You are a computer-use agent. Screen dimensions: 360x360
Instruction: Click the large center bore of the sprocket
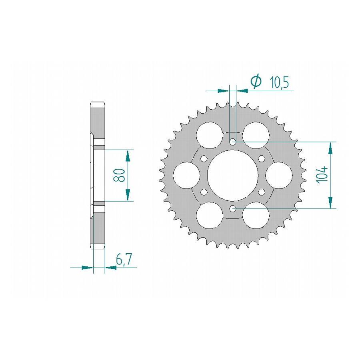pos(232,175)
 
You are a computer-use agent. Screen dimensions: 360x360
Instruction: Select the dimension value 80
pos(119,175)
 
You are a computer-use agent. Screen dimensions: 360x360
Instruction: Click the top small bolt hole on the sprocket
pos(232,141)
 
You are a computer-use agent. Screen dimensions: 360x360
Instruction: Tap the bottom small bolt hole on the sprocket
pos(232,208)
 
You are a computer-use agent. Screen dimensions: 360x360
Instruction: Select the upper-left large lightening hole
pos(209,135)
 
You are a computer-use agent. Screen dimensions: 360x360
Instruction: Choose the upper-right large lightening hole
pos(256,135)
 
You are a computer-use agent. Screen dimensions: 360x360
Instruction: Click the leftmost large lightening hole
pos(186,175)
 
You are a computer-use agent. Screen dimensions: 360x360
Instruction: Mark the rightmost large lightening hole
pos(279,175)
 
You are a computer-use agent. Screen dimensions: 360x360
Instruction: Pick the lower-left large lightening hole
pos(209,215)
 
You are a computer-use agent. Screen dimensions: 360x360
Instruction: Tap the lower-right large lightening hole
pos(256,215)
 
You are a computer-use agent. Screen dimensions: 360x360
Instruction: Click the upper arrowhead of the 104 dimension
pos(330,148)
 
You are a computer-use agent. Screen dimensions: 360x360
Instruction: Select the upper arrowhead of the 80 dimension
pos(128,155)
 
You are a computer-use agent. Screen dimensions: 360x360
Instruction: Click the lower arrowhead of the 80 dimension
pos(128,195)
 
